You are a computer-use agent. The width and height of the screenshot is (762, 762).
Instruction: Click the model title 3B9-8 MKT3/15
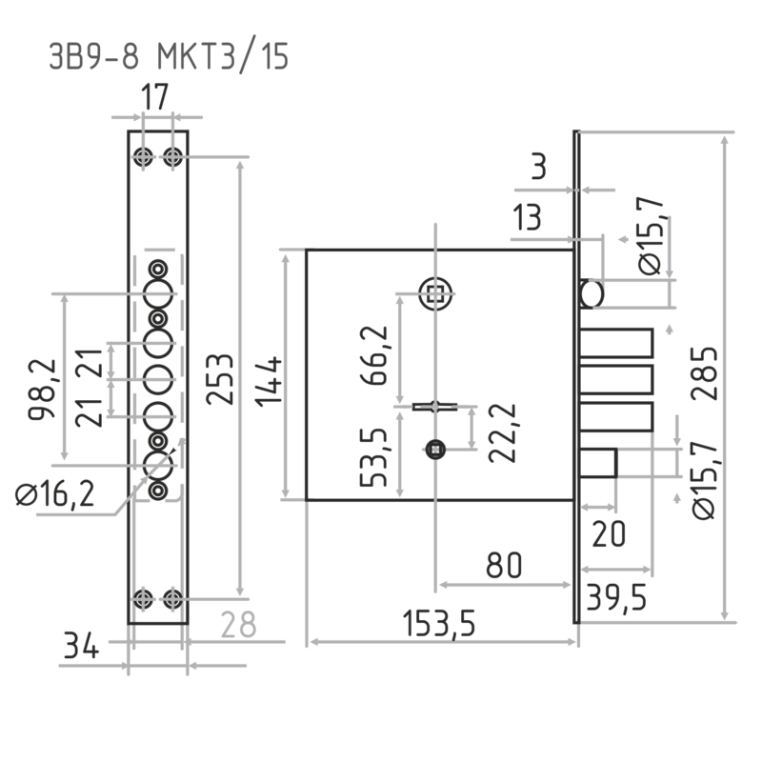pos(169,57)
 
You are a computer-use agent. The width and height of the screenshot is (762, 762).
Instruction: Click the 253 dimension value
pos(220,379)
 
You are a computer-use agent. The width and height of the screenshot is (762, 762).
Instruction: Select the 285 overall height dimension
pos(704,373)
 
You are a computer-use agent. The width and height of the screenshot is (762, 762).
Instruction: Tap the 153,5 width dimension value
pos(439,624)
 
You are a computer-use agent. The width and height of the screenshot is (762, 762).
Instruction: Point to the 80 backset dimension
pos(504,565)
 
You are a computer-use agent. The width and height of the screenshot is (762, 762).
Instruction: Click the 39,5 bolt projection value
pos(616,598)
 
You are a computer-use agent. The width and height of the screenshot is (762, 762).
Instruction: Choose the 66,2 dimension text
pos(374,355)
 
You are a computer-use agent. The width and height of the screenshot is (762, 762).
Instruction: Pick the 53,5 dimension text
pos(373,457)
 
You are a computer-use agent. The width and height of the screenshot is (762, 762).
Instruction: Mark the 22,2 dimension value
pos(503,433)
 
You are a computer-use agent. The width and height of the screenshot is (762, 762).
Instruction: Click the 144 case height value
pos(269,382)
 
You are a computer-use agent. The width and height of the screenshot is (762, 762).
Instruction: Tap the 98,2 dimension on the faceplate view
pos(42,390)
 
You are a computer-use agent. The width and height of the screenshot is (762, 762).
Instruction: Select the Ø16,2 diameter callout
pos(54,495)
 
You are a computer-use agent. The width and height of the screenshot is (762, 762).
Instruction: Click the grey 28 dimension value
pos(238,625)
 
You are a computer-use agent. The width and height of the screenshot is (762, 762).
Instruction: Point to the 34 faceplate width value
pos(81,647)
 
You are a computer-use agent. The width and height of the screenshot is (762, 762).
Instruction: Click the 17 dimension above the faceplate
pos(155,97)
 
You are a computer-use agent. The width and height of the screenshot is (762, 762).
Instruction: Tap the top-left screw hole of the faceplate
pos(143,157)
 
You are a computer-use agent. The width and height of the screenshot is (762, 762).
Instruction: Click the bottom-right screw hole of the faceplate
pos(172,599)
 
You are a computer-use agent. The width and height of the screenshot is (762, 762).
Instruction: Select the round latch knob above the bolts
pos(592,294)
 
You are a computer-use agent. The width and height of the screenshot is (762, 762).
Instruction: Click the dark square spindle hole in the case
pos(435,450)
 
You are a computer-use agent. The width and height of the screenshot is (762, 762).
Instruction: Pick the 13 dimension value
pos(528,217)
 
